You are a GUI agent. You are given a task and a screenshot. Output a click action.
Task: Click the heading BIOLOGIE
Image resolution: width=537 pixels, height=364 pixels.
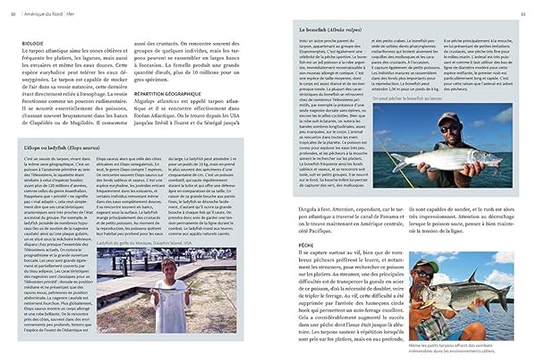(32, 41)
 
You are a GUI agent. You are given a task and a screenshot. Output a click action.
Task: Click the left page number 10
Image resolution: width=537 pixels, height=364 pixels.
(13, 13)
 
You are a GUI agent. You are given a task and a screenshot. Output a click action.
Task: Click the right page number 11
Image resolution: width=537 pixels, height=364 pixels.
(524, 13)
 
